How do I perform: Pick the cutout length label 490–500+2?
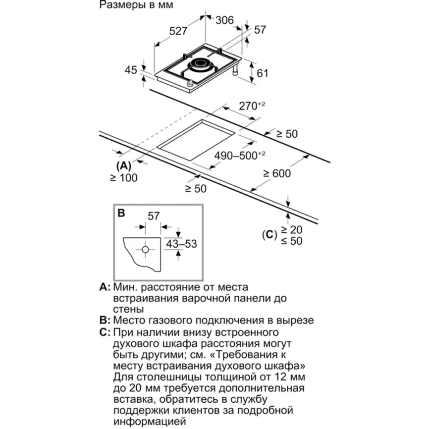pos(240,156)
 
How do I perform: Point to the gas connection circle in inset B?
pos(146,250)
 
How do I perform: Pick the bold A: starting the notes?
pos(104,287)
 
